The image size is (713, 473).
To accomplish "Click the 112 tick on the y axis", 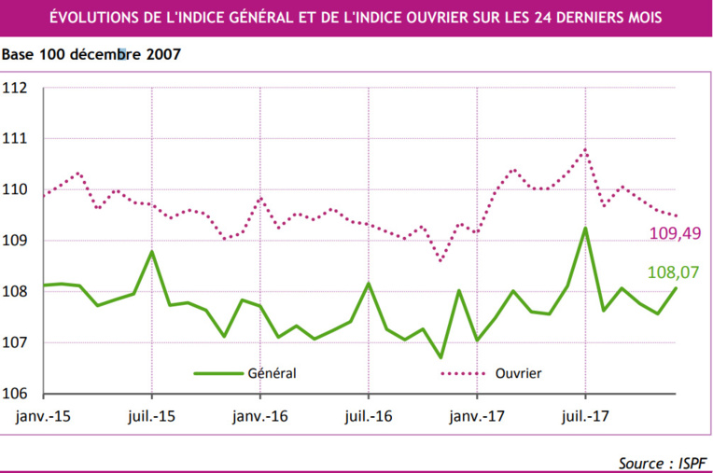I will pyautogui.click(x=16, y=89).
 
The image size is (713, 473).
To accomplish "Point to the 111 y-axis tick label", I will pyautogui.click(x=16, y=139).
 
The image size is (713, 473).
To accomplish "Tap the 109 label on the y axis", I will pyautogui.click(x=16, y=241).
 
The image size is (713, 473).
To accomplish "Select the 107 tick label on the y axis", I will pyautogui.click(x=16, y=342).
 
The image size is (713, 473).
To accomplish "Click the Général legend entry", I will pyautogui.click(x=272, y=373).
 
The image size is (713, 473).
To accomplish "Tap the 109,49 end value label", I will pyautogui.click(x=676, y=233).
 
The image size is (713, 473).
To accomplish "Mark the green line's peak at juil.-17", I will pyautogui.click(x=585, y=228).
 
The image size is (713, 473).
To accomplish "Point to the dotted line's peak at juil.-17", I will pyautogui.click(x=585, y=149).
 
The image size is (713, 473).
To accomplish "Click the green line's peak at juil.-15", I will pyautogui.click(x=152, y=251).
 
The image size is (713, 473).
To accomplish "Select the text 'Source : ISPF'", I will pyautogui.click(x=660, y=463).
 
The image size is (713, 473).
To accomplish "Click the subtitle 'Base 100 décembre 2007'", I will pyautogui.click(x=91, y=53).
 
